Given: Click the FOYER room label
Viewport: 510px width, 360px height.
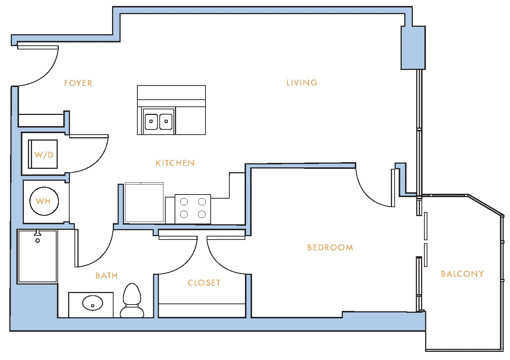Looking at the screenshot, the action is coord(78,83).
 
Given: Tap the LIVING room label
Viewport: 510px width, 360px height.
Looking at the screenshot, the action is coord(302,83).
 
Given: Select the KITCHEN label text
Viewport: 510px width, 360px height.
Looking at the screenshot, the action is coord(175,163).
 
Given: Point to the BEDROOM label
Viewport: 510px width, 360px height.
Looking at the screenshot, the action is coord(330,247).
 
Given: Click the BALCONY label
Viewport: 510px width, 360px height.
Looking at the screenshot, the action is coord(462,274).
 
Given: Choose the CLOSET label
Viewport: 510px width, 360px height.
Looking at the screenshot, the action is coord(204,283).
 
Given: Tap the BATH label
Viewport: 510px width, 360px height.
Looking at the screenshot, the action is coord(106,276).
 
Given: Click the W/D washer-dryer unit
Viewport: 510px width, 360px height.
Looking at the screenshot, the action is coord(43,154).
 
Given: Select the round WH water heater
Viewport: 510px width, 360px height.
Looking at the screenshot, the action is coord(44,201).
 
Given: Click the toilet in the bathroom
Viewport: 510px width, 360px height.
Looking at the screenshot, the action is coord(132,300).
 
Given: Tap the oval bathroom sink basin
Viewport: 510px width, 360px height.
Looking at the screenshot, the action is coord(93,303).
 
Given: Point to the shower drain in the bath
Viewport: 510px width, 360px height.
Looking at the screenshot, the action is coord(38,240).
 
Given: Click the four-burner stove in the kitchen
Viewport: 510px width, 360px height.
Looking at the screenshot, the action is coord(193,209).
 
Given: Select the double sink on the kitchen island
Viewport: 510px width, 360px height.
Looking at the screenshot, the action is coord(159,122).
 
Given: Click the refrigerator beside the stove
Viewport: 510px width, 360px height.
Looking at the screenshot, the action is coord(144,202).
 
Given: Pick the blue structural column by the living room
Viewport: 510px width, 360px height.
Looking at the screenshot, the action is coord(413,48).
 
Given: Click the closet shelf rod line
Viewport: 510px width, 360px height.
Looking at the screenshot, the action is coord(202,303).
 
